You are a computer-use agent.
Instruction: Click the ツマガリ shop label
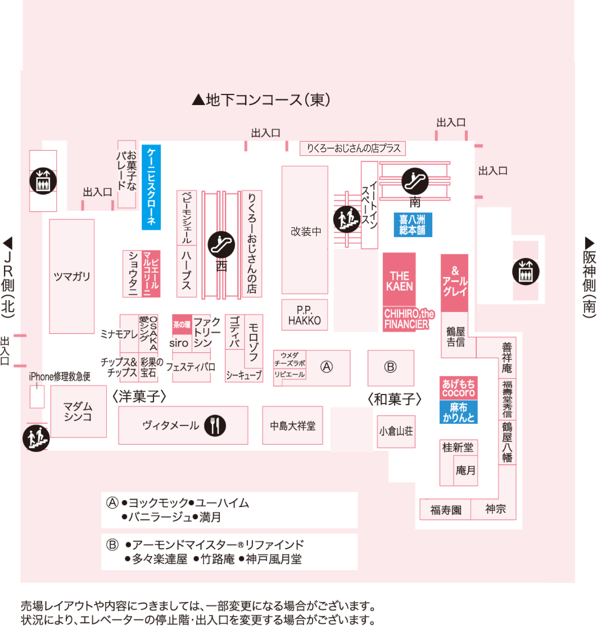[72, 276]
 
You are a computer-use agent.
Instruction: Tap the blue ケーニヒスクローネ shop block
[151, 187]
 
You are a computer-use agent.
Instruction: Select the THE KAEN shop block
[399, 279]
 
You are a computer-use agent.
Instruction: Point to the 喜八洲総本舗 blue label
[413, 225]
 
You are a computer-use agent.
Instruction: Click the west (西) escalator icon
[221, 244]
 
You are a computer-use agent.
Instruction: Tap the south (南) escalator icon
[415, 181]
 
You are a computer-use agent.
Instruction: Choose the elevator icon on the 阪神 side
[526, 272]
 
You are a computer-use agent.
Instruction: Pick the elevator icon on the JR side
[43, 181]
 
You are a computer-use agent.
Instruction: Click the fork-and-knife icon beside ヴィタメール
[215, 425]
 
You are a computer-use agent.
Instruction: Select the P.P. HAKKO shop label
[304, 315]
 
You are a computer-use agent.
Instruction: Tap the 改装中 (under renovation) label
[306, 231]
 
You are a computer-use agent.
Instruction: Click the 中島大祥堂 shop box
[293, 425]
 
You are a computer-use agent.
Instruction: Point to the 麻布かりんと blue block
[458, 412]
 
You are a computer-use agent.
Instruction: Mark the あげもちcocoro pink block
[458, 388]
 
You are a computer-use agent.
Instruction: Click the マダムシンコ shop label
[78, 411]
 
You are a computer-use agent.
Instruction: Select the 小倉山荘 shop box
[396, 432]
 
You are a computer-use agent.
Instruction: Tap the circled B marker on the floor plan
[390, 367]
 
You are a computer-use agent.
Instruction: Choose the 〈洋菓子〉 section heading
[139, 396]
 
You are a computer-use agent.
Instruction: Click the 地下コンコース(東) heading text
[261, 99]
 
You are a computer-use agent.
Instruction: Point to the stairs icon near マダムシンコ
[36, 438]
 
